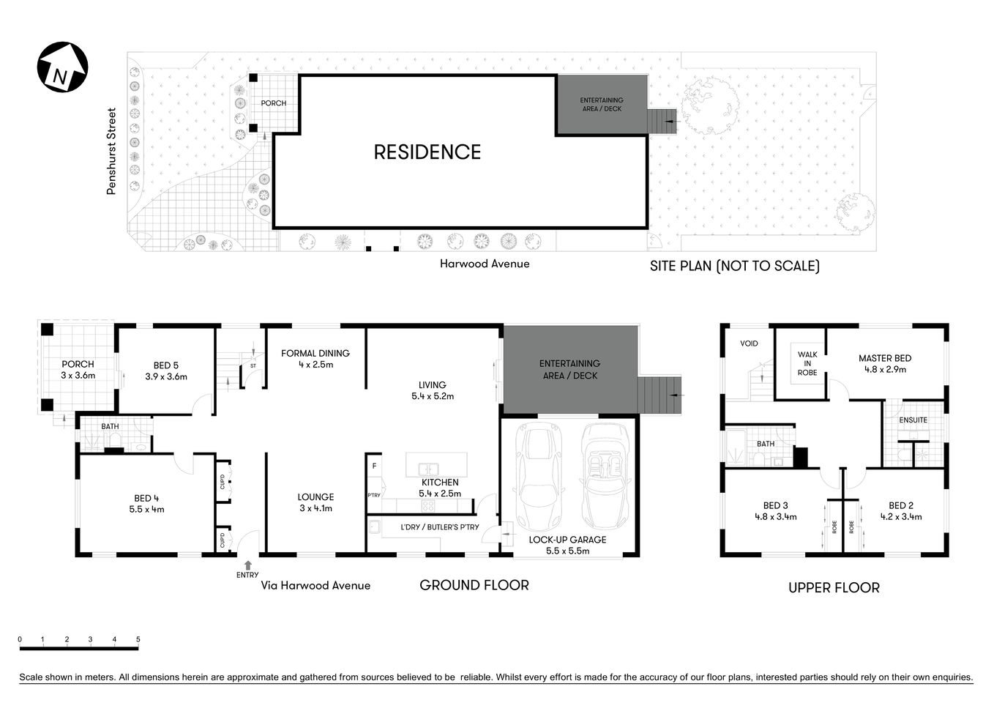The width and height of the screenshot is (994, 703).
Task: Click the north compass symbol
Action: click(62, 67)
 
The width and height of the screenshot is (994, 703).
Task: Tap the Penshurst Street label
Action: click(112, 152)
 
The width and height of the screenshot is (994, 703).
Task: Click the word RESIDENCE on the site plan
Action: click(427, 152)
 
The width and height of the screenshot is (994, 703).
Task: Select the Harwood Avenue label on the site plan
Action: click(484, 264)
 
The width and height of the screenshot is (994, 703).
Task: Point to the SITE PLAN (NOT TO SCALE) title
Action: click(734, 266)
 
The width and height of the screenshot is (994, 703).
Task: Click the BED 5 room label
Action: click(166, 365)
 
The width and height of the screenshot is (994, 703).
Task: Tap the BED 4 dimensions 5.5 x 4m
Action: click(146, 509)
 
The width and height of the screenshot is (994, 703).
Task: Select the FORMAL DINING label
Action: click(315, 353)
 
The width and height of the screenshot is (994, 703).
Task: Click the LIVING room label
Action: click(432, 385)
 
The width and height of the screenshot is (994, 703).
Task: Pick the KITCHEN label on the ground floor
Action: click(440, 483)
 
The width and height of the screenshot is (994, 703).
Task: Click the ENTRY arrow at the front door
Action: click(247, 565)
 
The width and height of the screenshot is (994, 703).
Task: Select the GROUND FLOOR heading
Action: click(474, 585)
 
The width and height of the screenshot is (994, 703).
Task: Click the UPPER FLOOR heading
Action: click(834, 587)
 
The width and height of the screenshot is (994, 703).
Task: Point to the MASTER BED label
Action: click(885, 358)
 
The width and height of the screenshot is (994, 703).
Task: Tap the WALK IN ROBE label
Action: click(807, 364)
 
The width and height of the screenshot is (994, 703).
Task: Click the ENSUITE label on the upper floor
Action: click(913, 420)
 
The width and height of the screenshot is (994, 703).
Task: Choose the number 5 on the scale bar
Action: click(138, 639)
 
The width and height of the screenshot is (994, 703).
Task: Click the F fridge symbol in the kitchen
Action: click(374, 466)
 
